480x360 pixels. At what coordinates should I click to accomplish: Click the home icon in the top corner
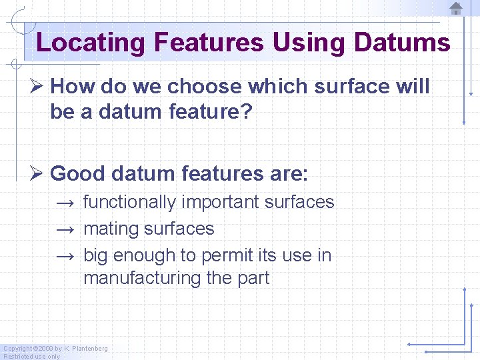pyautogui.click(x=456, y=9)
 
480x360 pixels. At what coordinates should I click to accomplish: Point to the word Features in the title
pyautogui.click(x=209, y=43)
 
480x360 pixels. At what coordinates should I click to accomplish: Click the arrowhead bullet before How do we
pyautogui.click(x=39, y=87)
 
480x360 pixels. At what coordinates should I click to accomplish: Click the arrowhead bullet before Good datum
pyautogui.click(x=39, y=174)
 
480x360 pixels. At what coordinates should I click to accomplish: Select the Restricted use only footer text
pyautogui.click(x=32, y=356)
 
